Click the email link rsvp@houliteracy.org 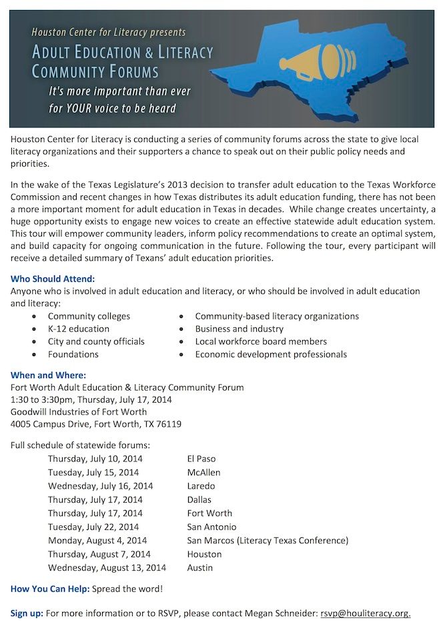365,613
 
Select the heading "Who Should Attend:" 53,278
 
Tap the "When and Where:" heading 48,375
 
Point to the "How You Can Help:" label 50,589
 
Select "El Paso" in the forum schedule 201,459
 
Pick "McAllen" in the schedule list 203,473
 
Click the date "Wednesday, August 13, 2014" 107,568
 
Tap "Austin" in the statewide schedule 200,568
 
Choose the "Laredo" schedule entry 201,486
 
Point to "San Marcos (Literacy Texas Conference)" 268,541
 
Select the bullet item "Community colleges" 89,316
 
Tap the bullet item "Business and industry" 239,329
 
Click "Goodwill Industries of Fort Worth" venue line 79,412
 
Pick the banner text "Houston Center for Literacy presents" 109,31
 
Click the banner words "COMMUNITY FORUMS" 95,71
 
